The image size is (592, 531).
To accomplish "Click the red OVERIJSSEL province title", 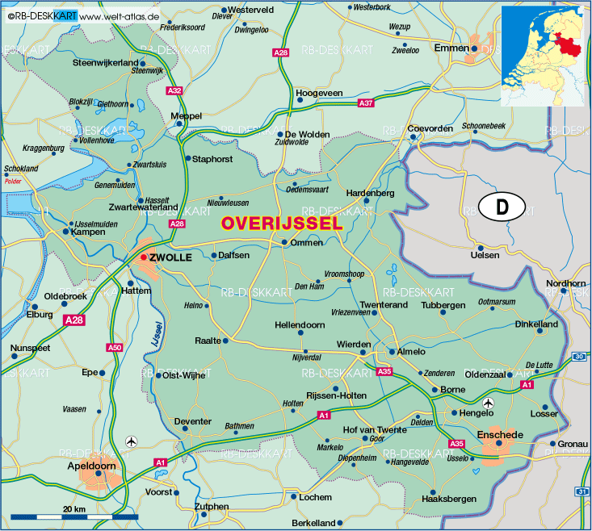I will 281,224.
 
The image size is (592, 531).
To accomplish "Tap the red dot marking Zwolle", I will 144,257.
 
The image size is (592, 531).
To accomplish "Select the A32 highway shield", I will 174,91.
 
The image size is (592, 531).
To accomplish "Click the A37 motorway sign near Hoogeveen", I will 366,103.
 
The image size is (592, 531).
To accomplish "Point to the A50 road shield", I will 115,348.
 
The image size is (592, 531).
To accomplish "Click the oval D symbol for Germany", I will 502,207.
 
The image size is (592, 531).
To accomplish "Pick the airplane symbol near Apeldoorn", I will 132,441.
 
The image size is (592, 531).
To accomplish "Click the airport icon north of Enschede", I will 487,403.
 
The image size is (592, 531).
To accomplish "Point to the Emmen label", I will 451,48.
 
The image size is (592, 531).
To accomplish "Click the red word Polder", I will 13,182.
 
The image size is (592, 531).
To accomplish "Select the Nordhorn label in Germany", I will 565,283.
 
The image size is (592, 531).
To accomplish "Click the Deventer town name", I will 192,421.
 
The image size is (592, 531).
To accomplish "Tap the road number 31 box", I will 583,491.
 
